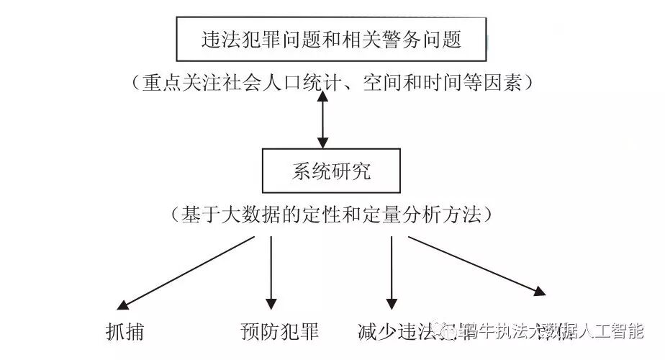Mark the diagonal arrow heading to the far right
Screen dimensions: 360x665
tap(475, 264)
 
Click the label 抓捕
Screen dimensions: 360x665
tap(125, 332)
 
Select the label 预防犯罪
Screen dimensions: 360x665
tap(279, 332)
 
